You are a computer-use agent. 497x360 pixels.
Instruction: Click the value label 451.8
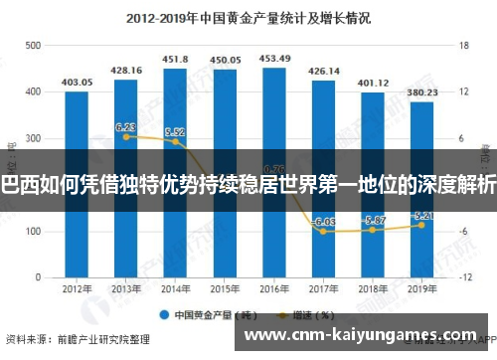tap(176, 58)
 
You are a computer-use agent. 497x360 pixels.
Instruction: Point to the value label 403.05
tap(77, 82)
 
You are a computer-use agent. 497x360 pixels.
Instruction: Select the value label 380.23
tap(422, 91)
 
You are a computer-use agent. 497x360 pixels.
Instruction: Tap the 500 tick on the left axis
tap(33, 46)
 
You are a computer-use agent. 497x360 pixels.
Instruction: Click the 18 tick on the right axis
tap(462, 46)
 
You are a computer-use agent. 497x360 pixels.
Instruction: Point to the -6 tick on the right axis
tap(462, 232)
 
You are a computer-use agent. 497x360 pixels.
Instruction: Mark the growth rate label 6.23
tap(125, 127)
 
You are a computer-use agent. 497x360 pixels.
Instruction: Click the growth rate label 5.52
tap(175, 132)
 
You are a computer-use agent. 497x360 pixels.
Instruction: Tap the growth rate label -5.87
tap(374, 220)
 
